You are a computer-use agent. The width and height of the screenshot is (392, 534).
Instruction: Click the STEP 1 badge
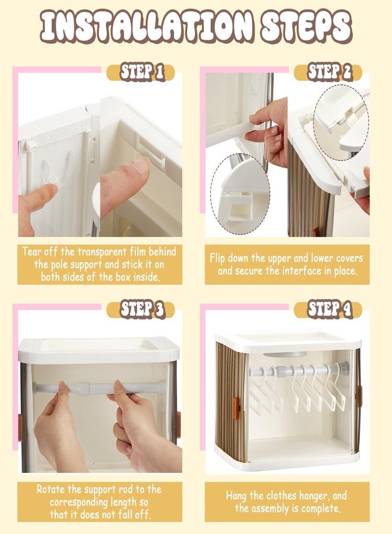point(141,72)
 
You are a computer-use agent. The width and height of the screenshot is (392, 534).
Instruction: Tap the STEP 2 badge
point(328,72)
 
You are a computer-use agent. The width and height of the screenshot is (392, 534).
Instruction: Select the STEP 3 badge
point(141,310)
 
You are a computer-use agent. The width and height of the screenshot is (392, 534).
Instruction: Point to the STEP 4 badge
point(328,310)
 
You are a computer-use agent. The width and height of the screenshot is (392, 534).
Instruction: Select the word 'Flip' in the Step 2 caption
point(217,259)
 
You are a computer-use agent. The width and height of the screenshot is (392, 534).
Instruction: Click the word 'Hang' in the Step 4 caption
point(235,495)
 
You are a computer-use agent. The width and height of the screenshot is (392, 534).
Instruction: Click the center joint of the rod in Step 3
point(83,389)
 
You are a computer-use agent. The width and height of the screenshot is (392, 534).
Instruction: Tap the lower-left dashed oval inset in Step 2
point(240,190)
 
